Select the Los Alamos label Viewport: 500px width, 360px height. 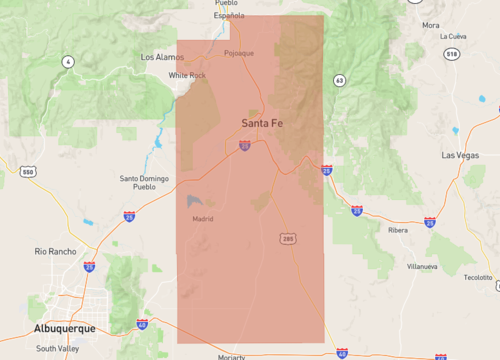162,57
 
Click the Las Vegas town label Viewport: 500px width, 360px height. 461,156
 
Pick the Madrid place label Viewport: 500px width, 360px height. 202,218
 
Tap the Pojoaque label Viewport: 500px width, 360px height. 239,52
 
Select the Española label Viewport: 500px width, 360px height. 229,16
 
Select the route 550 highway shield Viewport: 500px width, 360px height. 28,172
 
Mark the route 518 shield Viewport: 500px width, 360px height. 480,53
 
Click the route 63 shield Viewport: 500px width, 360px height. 340,79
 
